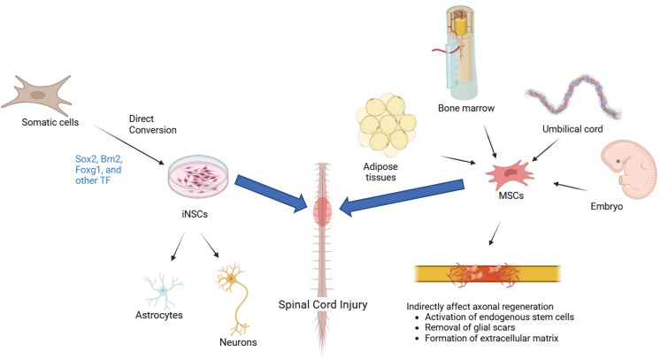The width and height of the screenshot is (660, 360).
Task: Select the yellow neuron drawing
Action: coord(232,283)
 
